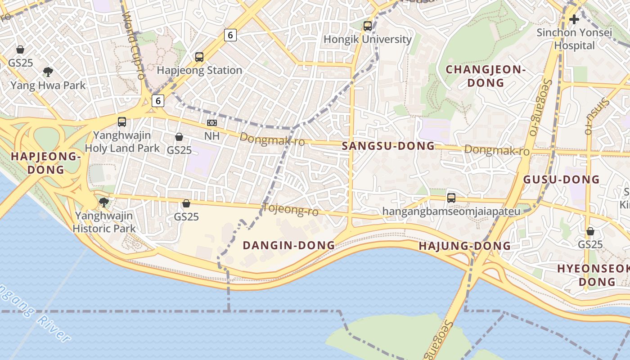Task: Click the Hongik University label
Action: [368, 40]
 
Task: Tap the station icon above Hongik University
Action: [368, 26]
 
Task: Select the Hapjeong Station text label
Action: [199, 71]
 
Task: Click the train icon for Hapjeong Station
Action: [199, 57]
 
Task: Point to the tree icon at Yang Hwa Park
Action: [48, 72]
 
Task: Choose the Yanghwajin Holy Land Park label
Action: [122, 142]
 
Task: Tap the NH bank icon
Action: [211, 123]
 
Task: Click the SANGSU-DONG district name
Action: [388, 146]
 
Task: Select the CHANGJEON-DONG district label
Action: [486, 76]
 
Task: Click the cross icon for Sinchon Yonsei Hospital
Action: [574, 19]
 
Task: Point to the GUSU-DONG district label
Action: [561, 180]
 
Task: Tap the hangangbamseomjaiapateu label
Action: [451, 211]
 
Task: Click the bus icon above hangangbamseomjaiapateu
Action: [451, 198]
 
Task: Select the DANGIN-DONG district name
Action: [289, 245]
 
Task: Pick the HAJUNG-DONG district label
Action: [465, 246]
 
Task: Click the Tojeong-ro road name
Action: [290, 209]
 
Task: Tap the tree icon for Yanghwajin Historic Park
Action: [104, 202]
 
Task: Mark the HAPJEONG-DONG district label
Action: [45, 163]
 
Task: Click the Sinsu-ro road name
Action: [596, 115]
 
